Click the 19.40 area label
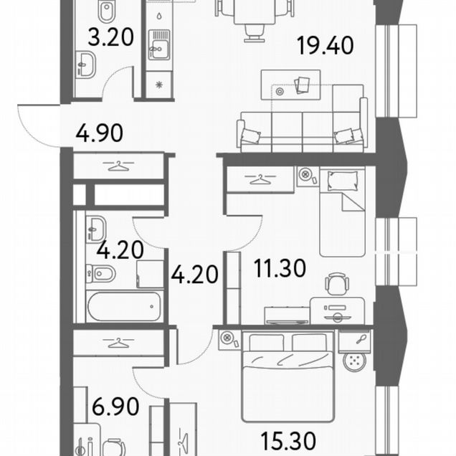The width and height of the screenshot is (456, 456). [325, 45]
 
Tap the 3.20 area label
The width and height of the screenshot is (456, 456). [111, 37]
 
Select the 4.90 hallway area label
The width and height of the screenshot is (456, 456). [99, 133]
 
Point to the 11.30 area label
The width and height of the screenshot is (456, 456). [280, 268]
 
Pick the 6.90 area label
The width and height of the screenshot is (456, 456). [115, 407]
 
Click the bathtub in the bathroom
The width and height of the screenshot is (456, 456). [124, 307]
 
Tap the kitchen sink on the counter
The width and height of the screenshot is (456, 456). [158, 45]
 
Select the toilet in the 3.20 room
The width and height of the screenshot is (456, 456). [107, 11]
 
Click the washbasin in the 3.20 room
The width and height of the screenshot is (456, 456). [85, 65]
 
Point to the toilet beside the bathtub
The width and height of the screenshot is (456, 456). [100, 273]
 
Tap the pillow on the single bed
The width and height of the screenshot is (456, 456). [343, 181]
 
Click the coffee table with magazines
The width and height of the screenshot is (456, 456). [290, 85]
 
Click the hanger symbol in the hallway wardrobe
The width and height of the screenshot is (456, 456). [118, 166]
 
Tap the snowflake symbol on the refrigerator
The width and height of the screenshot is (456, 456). [158, 85]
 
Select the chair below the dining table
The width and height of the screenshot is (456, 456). [255, 33]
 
